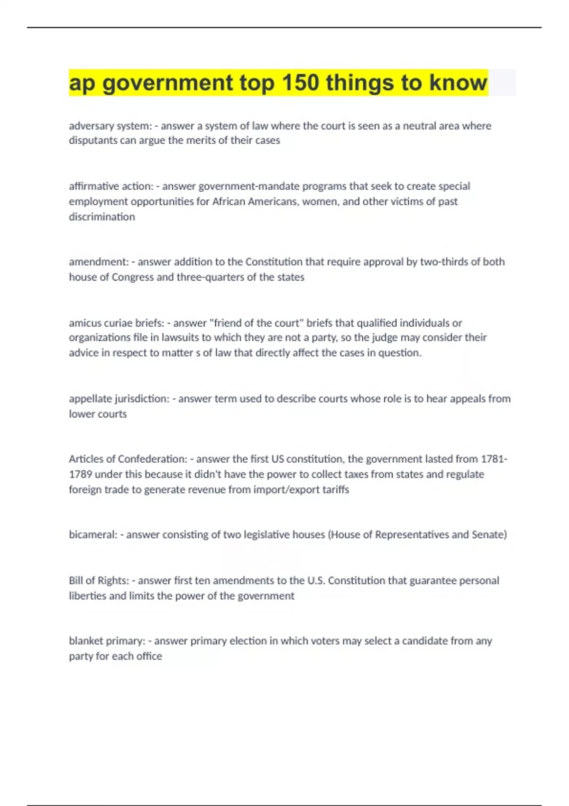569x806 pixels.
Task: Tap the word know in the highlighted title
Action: [458, 83]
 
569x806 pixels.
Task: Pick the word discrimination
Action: [102, 217]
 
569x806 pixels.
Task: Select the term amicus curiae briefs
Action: [116, 323]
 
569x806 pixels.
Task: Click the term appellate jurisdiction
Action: [119, 399]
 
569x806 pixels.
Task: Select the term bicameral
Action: [92, 535]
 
